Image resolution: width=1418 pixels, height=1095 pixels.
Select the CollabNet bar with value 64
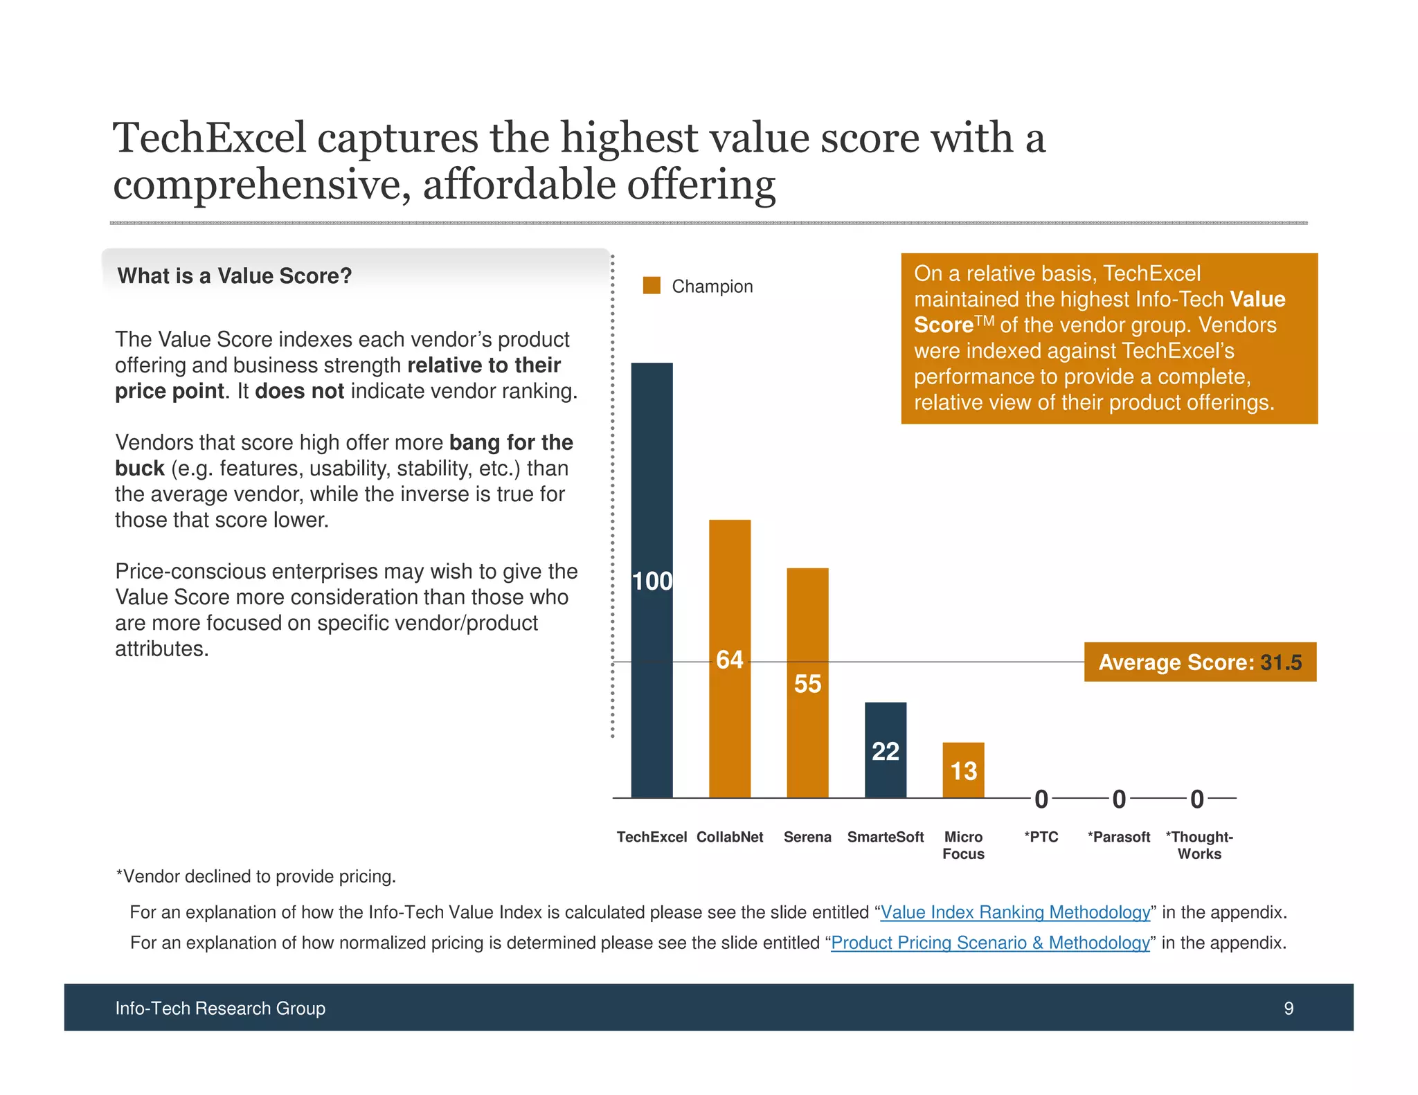click(730, 658)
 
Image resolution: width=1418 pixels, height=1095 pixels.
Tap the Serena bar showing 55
click(807, 682)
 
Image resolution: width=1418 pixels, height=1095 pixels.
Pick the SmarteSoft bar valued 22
click(885, 750)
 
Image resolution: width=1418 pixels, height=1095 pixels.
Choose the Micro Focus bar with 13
click(963, 770)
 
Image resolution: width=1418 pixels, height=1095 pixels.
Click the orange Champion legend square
click(652, 286)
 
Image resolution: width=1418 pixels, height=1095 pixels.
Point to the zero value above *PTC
click(1041, 799)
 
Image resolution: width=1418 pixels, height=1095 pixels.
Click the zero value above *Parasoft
click(1119, 799)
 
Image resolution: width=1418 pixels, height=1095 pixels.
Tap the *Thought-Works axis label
click(1199, 845)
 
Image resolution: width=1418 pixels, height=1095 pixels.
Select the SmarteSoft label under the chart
click(885, 837)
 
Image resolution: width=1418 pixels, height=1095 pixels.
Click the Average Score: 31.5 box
click(1200, 662)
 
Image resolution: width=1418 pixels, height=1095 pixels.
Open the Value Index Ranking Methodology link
click(1015, 912)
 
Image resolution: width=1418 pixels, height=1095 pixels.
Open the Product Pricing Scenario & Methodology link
click(990, 943)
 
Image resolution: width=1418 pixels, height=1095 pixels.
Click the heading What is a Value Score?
click(235, 276)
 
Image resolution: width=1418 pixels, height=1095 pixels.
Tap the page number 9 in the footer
click(1289, 1008)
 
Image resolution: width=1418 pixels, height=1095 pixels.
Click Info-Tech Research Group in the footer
click(220, 1008)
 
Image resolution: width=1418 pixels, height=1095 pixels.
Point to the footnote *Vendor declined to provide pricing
click(256, 876)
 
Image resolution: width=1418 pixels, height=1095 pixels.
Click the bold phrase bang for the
click(511, 442)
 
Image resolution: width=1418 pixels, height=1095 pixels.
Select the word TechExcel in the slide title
click(209, 138)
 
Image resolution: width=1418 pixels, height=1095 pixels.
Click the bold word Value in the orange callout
click(1257, 299)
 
